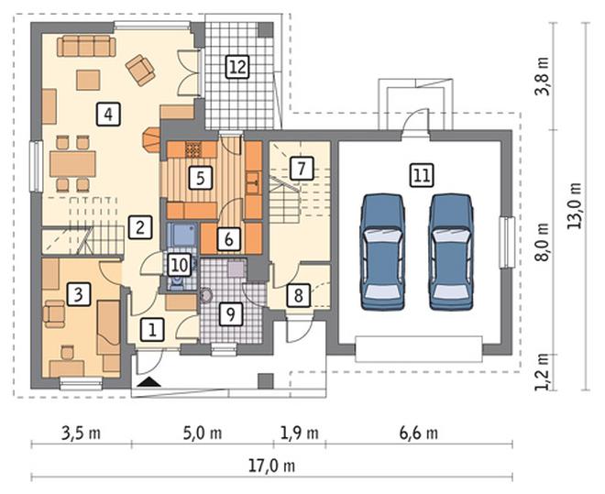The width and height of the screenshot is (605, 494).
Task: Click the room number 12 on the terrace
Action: (237, 67)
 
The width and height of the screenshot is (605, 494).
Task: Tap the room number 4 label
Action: (108, 115)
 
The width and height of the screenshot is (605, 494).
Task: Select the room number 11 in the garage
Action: (422, 175)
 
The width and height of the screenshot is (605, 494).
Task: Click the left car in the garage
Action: (382, 252)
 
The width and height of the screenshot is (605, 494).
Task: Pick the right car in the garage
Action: (451, 252)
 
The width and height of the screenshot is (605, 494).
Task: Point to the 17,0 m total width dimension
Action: (271, 467)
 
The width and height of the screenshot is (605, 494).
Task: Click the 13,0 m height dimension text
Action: (575, 205)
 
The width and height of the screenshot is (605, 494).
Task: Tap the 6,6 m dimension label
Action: (419, 434)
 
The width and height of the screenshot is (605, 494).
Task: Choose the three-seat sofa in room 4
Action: (86, 46)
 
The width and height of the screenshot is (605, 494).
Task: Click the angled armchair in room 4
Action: (140, 70)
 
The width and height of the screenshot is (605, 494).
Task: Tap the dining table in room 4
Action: (72, 164)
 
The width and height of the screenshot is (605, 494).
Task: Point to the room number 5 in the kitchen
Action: (200, 178)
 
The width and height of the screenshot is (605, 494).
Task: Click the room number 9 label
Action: (230, 314)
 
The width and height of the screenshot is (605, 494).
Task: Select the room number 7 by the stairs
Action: (301, 168)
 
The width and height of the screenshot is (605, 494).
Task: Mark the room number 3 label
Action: (78, 294)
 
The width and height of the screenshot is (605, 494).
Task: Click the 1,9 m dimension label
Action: (300, 434)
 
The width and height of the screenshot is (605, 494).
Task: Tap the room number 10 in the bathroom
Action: (180, 265)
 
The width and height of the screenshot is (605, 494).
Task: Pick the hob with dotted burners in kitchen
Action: (193, 149)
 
